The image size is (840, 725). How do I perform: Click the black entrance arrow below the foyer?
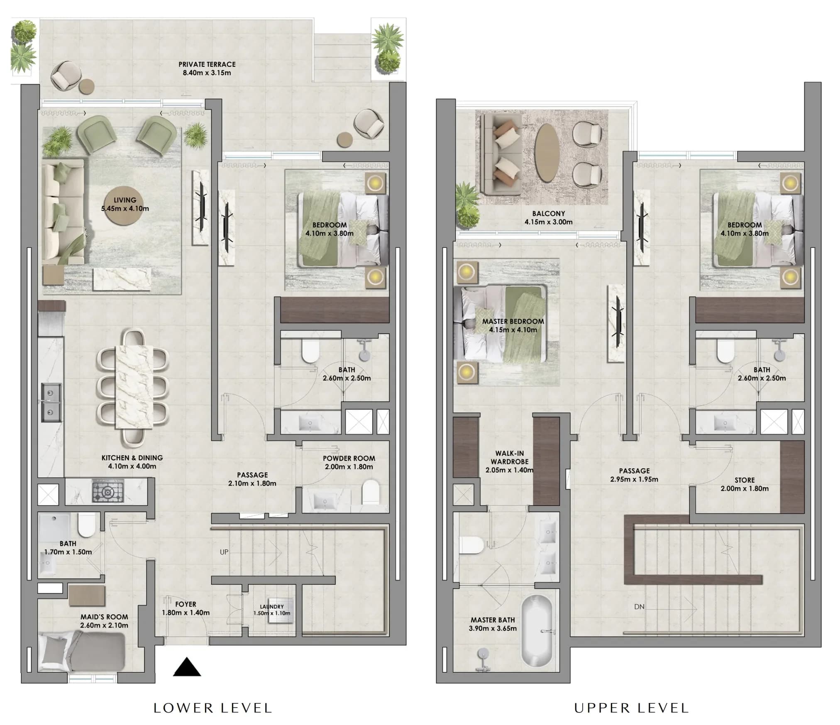click(x=187, y=667)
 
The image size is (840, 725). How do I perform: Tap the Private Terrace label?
click(x=207, y=68)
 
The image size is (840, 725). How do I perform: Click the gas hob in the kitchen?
click(x=108, y=491)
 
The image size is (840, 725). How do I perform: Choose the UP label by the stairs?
click(x=224, y=552)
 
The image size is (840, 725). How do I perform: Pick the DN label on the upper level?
click(x=639, y=606)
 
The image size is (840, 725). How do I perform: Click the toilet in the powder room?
click(x=370, y=493)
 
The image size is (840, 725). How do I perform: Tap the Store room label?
click(x=745, y=484)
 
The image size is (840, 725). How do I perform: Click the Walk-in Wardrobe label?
click(x=510, y=461)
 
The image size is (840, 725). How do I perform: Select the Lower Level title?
click(x=213, y=708)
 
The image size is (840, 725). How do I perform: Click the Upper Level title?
click(x=632, y=708)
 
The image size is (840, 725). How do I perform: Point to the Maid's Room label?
click(x=104, y=621)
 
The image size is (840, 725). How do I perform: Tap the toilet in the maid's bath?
click(x=87, y=525)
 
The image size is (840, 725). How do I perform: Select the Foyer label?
click(x=186, y=608)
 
